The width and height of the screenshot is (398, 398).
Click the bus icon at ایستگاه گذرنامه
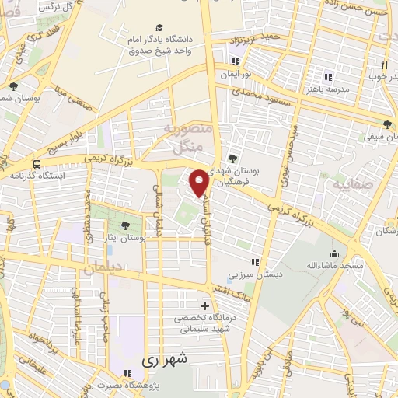pyautogui.click(x=37, y=165)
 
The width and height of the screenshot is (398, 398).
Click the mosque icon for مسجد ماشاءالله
pyautogui.click(x=335, y=253)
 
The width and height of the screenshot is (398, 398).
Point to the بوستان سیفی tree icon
pyautogui.click(x=387, y=124)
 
